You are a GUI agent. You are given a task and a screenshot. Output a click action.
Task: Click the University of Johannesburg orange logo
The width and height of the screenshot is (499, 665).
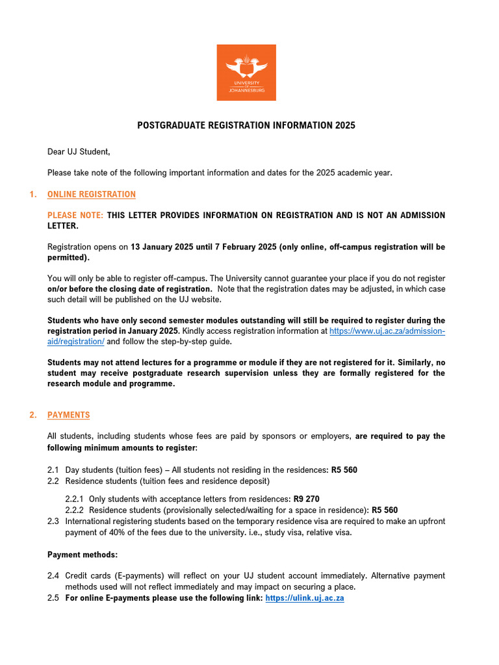246,72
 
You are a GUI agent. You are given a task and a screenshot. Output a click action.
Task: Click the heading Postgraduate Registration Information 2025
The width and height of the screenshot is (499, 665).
246,125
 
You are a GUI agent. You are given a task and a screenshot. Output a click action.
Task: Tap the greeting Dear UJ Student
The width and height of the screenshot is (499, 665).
79,152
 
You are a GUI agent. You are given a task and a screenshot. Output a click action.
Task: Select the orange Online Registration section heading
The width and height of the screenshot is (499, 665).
92,194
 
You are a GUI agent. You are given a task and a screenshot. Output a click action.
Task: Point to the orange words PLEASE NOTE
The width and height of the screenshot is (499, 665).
75,215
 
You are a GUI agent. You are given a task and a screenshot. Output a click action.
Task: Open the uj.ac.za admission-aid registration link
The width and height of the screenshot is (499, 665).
387,331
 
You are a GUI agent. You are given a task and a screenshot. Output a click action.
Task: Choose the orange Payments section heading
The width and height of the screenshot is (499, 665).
69,415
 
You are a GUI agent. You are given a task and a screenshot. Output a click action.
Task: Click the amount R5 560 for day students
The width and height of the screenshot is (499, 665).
344,470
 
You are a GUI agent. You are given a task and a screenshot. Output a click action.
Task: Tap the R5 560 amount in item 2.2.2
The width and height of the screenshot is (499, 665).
385,510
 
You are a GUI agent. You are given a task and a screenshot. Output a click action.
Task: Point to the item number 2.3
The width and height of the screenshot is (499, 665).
53,521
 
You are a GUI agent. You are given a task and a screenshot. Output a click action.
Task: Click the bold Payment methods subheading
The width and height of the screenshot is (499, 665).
83,555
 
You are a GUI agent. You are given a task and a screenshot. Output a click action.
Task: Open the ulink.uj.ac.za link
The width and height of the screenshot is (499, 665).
305,597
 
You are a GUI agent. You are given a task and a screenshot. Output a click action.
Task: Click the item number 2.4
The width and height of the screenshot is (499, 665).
53,576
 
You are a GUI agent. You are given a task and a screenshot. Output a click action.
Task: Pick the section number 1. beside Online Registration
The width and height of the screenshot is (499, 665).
33,194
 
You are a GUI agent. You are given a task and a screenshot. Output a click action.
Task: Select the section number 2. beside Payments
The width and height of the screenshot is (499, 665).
33,415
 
